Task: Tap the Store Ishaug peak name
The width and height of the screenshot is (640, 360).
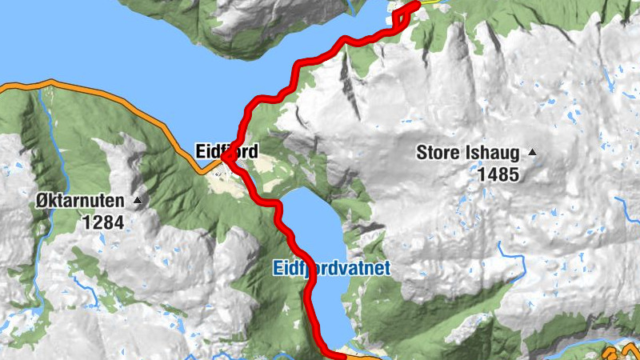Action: point(469,152)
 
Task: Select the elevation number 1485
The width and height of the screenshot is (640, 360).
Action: point(498,174)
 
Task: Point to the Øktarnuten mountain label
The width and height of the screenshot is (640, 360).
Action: point(82,201)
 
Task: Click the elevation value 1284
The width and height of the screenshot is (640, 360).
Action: point(103,222)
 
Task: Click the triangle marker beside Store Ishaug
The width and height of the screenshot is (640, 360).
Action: point(531,152)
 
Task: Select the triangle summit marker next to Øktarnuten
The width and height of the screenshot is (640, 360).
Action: point(138,201)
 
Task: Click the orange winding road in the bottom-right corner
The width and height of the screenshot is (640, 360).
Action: point(620,353)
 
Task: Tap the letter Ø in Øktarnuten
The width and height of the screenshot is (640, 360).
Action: point(42,201)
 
